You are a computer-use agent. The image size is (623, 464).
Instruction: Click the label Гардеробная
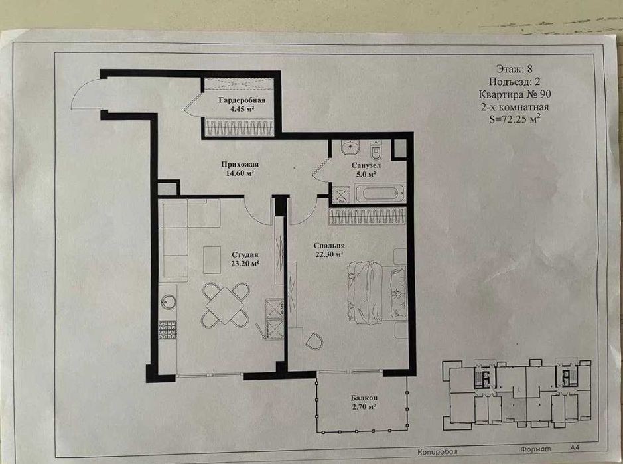[242, 100]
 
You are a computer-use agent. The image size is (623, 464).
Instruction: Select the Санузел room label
[366, 165]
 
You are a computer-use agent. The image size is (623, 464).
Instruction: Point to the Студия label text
[245, 254]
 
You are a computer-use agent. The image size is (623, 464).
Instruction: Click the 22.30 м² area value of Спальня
[329, 254]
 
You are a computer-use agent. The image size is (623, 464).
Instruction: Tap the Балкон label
[364, 398]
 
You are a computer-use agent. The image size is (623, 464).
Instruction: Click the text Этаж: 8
[515, 69]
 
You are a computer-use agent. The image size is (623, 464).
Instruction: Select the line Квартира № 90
[515, 94]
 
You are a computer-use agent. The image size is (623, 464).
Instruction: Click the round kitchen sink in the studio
[169, 302]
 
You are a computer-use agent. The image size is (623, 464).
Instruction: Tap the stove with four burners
[168, 330]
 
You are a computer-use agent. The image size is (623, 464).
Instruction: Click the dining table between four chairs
[226, 305]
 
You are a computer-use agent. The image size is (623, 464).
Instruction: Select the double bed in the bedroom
[377, 292]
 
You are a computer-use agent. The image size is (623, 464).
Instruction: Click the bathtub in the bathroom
[380, 194]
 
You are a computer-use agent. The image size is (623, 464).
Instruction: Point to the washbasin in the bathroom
[350, 148]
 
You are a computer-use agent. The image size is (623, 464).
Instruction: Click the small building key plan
[517, 394]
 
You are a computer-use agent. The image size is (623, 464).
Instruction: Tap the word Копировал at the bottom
[437, 451]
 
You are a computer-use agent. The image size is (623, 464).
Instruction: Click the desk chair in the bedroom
[314, 341]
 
